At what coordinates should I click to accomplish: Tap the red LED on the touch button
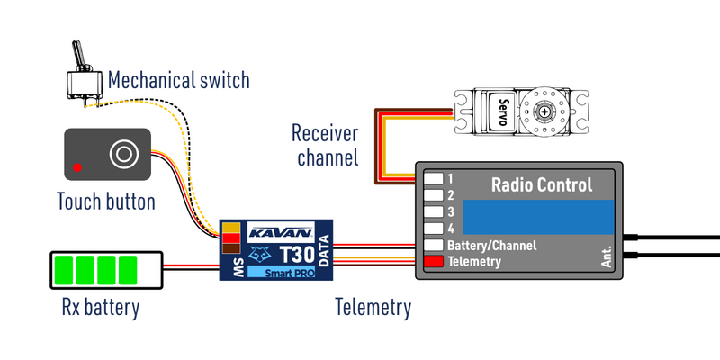point(79,166)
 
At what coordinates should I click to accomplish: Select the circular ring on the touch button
point(122,153)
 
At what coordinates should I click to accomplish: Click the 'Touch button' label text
point(105,201)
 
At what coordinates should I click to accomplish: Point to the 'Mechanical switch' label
point(178,82)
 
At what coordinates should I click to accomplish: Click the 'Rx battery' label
point(100,309)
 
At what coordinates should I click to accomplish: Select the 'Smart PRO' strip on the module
point(281,272)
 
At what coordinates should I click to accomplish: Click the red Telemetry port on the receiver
point(435,262)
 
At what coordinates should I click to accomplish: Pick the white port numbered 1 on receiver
point(435,177)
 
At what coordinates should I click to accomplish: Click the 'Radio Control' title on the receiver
point(541,185)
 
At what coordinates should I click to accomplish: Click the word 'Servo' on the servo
point(500,112)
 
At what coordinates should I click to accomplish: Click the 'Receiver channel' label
point(325,146)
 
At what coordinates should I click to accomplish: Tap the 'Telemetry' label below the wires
point(373,308)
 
